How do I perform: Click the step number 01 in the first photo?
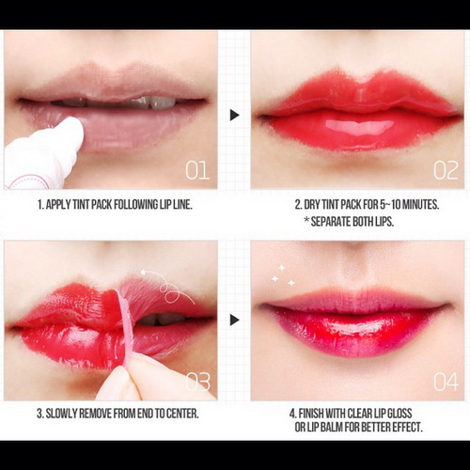pyautogui.click(x=197, y=170)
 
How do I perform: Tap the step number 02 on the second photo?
pyautogui.click(x=446, y=170)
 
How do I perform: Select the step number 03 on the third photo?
pyautogui.click(x=197, y=382)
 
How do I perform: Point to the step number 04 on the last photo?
pyautogui.click(x=446, y=382)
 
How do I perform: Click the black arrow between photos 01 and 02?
pyautogui.click(x=235, y=115)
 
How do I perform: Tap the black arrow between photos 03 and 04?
pyautogui.click(x=235, y=320)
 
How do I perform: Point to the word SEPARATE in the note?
pyautogui.click(x=331, y=222)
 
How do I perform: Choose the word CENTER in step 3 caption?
pyautogui.click(x=182, y=414)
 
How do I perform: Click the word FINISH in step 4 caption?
pyautogui.click(x=311, y=414)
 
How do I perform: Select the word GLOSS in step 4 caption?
pyautogui.click(x=399, y=414)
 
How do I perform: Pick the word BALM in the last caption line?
pyautogui.click(x=330, y=428)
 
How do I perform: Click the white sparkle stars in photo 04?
pyautogui.click(x=284, y=275)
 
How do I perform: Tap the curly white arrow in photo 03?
pyautogui.click(x=166, y=286)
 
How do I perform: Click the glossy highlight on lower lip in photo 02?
pyautogui.click(x=359, y=126)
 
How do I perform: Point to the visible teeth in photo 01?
pyautogui.click(x=125, y=102)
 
